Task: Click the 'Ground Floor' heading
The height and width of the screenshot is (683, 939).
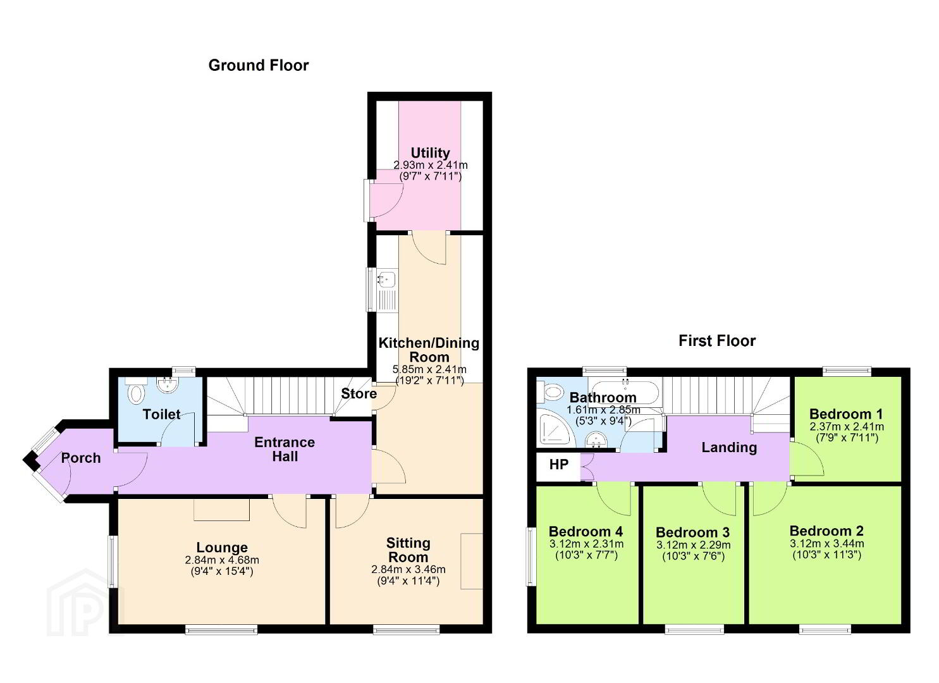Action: click(258, 65)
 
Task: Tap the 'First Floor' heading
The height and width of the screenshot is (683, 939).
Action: click(717, 340)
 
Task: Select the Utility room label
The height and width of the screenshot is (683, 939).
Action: click(430, 152)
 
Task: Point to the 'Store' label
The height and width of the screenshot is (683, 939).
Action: click(359, 393)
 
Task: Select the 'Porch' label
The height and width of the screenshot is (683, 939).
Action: click(81, 458)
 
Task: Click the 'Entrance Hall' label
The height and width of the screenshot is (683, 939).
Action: click(285, 449)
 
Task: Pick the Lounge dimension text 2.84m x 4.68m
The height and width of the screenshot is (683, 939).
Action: click(222, 560)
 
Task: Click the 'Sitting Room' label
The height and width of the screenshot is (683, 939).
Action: click(408, 550)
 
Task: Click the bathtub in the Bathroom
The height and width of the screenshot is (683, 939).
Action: click(624, 393)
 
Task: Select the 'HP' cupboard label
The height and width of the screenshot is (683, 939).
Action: click(559, 465)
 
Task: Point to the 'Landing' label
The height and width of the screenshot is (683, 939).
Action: click(730, 447)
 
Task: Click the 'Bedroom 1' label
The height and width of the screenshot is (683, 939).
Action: click(846, 414)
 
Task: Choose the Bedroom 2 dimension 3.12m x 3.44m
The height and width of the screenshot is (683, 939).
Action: click(826, 544)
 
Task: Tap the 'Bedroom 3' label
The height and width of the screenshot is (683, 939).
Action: click(693, 532)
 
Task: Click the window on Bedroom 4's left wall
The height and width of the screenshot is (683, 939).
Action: click(531, 557)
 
